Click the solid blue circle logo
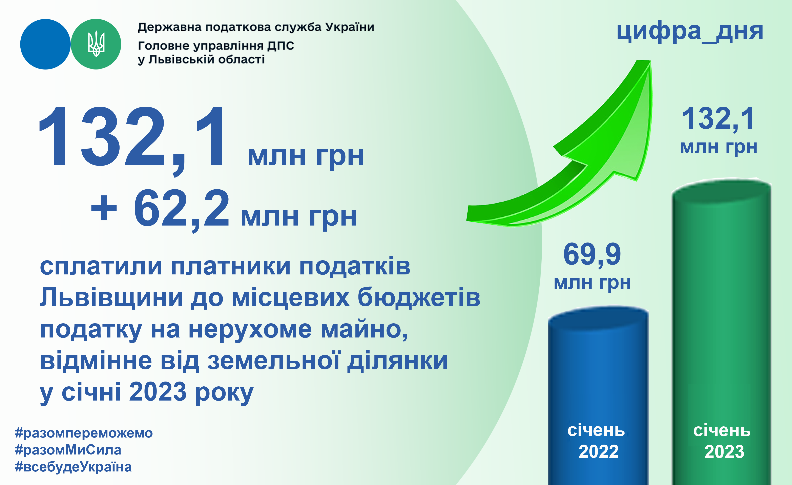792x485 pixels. tap(45, 44)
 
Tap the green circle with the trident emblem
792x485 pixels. tap(96, 44)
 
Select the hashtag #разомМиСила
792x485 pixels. tap(68, 450)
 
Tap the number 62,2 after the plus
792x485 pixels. tap(182, 209)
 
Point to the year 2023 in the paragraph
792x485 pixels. tap(158, 392)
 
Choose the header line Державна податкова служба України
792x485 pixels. tap(256, 27)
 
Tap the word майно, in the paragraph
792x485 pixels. tap(364, 330)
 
